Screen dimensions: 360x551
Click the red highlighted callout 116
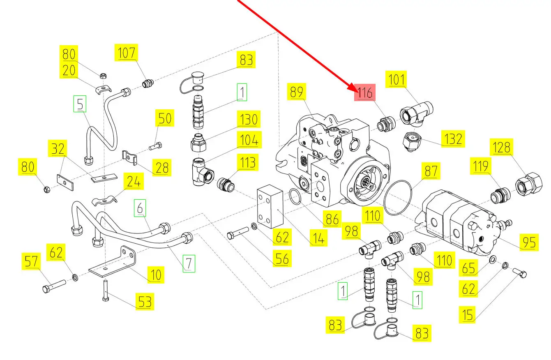365,93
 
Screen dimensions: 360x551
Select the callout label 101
397,79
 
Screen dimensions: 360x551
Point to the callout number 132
453,139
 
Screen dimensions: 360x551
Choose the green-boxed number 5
80,104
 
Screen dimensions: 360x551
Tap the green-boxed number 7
189,263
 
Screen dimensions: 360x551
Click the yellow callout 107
126,53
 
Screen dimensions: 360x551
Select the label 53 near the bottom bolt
144,302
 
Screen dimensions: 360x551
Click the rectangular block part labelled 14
270,209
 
